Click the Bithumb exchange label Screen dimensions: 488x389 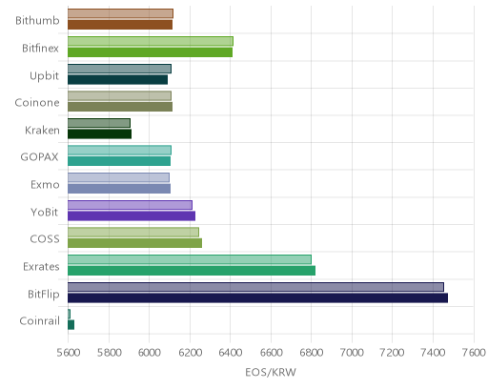coord(37,21)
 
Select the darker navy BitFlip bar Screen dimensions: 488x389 coord(257,298)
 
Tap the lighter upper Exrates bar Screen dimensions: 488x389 coord(190,259)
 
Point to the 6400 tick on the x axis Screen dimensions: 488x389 coord(231,353)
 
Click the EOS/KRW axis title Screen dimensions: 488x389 coord(271,372)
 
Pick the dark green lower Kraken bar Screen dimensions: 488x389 coord(99,134)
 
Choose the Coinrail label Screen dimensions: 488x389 coord(39,321)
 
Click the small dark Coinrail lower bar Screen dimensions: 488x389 coord(71,325)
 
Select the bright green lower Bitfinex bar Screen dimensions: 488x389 coord(150,52)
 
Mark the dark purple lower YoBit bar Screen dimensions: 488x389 coord(132,215)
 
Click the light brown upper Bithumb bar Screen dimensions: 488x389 coord(120,13)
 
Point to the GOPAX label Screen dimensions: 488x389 coord(39,157)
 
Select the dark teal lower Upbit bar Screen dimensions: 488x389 coord(117,80)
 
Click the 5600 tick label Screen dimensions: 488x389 coord(69,353)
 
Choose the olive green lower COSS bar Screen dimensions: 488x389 coord(134,243)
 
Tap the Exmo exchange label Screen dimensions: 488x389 coord(45,185)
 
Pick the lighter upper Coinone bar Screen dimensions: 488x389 coord(119,95)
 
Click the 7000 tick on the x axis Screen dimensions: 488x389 coord(352,353)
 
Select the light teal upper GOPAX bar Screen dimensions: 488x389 coord(119,150)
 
